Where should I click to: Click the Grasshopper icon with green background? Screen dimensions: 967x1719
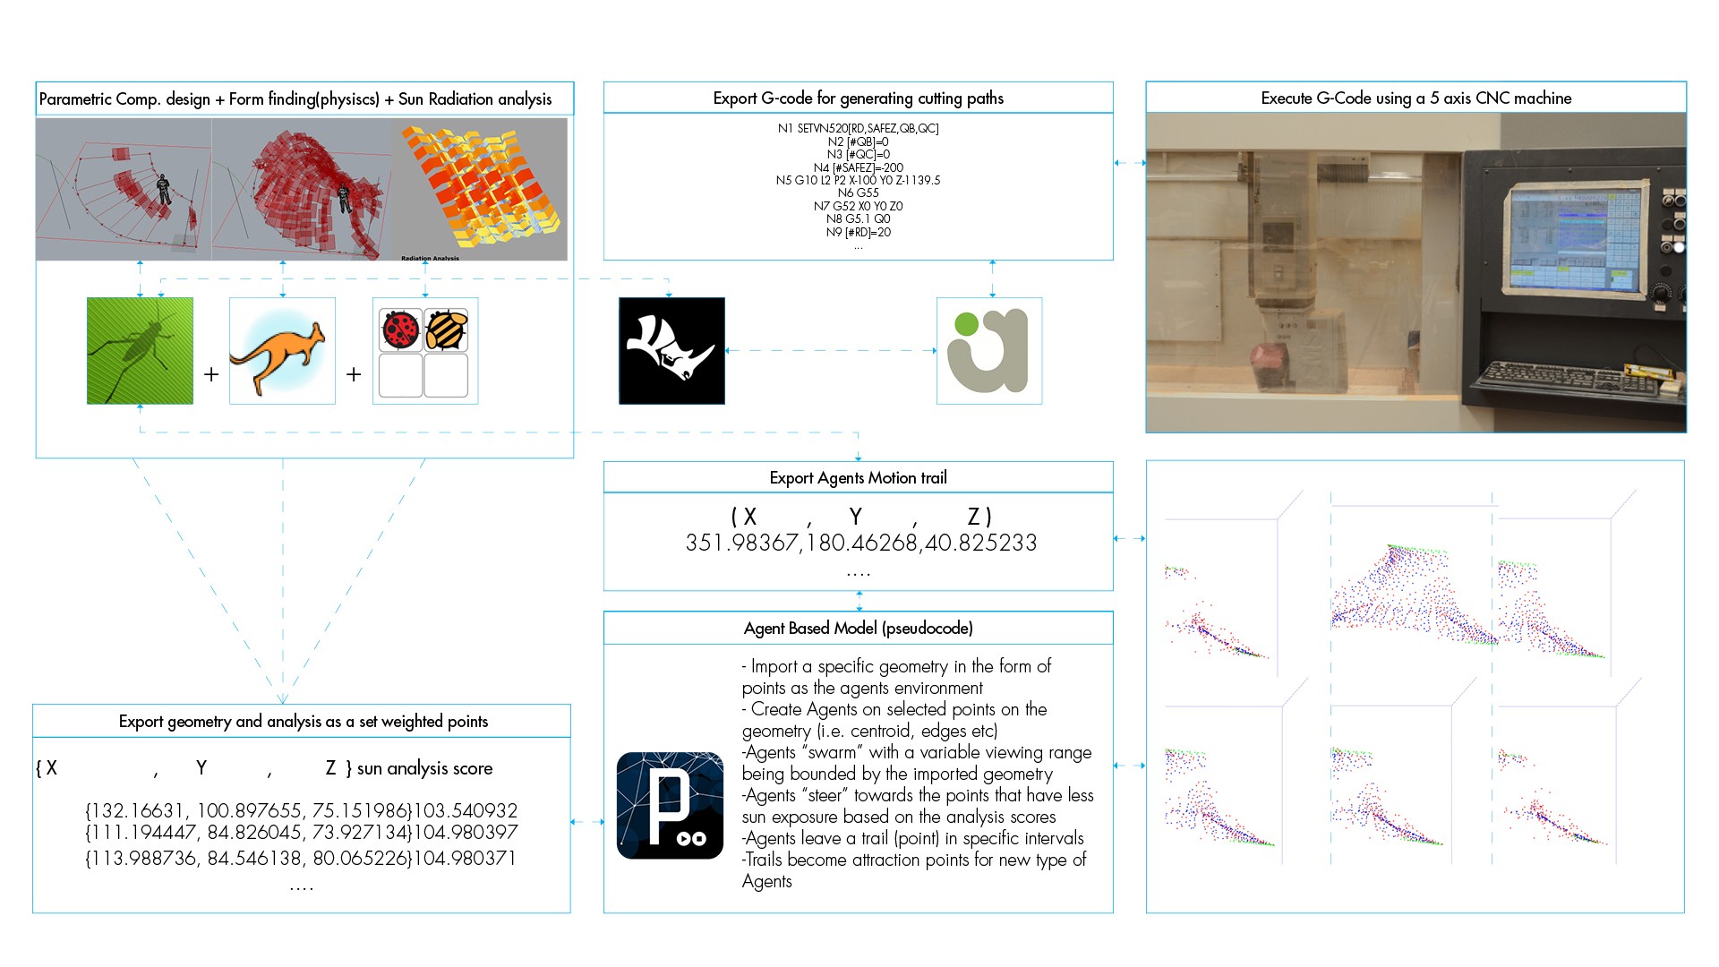(140, 350)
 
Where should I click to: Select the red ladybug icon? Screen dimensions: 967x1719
(400, 329)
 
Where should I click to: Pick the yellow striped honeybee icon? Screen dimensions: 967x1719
(446, 329)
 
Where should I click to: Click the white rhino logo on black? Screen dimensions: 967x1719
(671, 350)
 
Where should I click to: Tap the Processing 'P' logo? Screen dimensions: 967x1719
(670, 805)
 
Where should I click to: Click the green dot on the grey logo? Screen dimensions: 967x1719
(966, 324)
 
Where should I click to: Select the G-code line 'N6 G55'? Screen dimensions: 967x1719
(858, 193)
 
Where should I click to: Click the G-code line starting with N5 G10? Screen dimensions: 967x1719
(858, 180)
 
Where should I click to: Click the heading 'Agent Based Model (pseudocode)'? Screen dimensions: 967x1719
(858, 628)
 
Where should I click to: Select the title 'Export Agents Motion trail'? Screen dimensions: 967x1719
(858, 478)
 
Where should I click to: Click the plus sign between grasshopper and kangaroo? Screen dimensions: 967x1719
(211, 374)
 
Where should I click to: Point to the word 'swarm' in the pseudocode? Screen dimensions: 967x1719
(832, 752)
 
